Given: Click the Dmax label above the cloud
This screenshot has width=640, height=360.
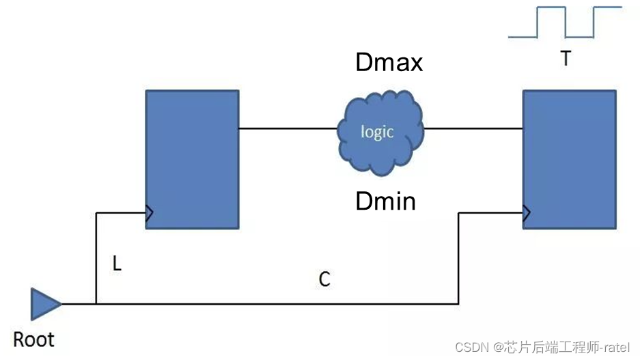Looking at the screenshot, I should [x=389, y=63].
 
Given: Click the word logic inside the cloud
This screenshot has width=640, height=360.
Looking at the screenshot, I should [x=377, y=131].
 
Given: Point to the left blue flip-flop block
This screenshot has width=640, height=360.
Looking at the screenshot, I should [x=192, y=158].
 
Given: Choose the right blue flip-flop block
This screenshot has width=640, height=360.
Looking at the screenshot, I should [x=569, y=158].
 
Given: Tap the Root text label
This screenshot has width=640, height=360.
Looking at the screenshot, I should [x=34, y=340].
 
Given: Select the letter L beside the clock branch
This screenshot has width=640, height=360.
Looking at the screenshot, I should [x=117, y=264].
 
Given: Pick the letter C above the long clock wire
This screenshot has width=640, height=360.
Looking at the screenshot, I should [x=324, y=279].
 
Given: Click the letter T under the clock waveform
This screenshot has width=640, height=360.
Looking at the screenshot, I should [x=566, y=60].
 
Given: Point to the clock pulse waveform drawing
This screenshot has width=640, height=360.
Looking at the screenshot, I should [x=566, y=22].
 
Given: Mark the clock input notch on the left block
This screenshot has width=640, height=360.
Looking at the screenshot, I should [x=149, y=213].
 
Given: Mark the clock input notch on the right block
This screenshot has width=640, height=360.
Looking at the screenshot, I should [x=526, y=213].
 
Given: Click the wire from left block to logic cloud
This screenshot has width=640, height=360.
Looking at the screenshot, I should [x=288, y=128].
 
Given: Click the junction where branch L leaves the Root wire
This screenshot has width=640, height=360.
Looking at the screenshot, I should [x=96, y=303].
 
